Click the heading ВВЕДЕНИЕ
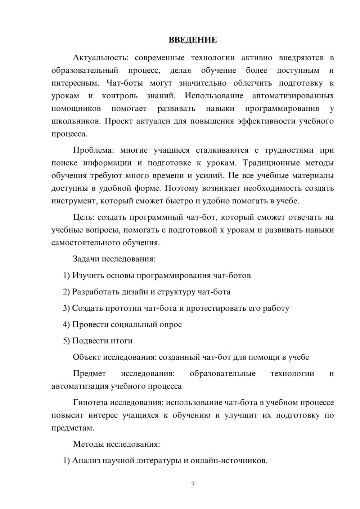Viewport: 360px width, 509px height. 193,40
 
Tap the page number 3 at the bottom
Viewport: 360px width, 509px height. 193,485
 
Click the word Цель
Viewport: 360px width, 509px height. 84,217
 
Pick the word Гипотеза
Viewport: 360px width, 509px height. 90,402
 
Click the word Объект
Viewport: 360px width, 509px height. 87,357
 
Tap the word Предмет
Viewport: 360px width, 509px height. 89,373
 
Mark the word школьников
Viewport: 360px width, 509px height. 76,121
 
